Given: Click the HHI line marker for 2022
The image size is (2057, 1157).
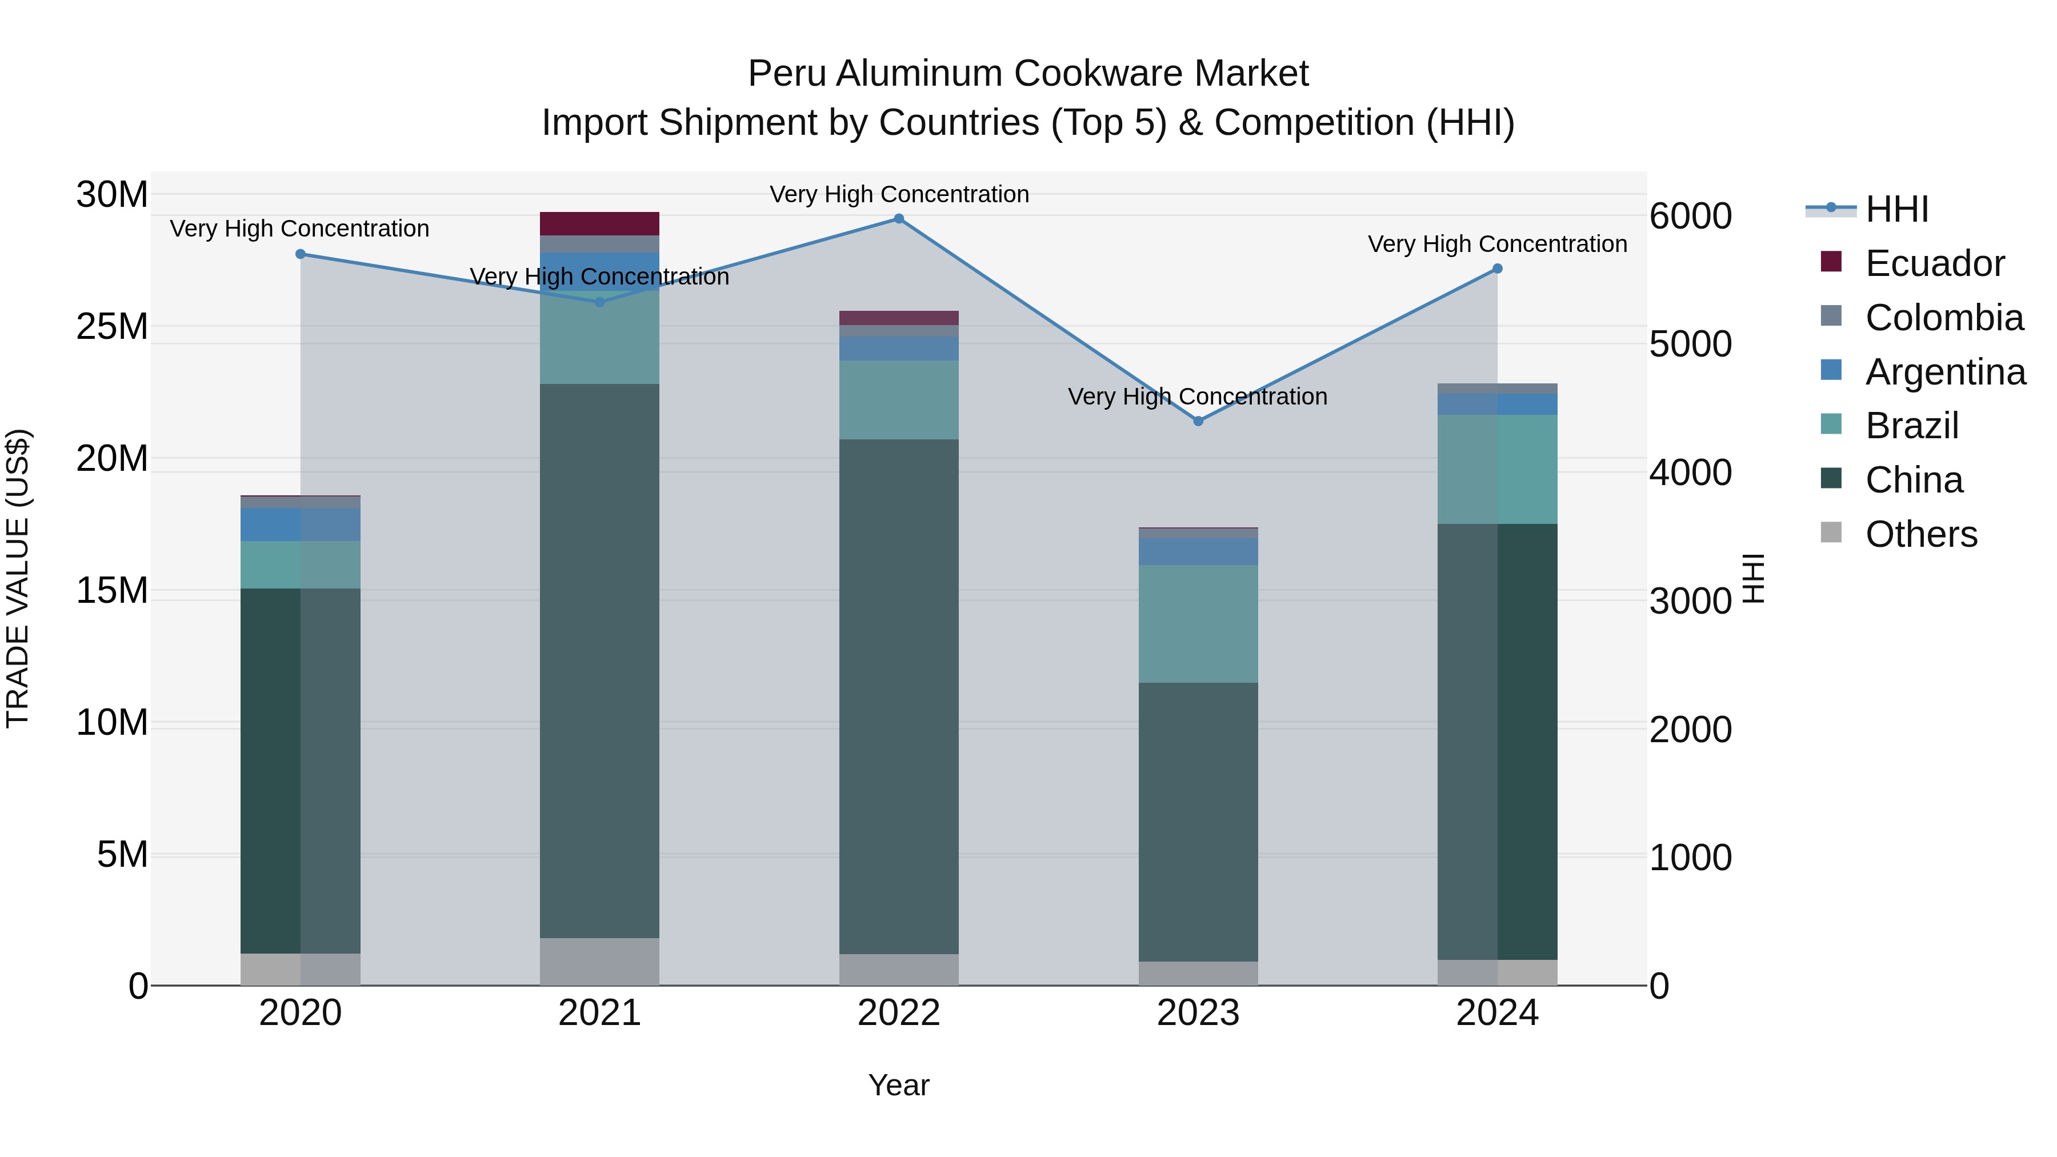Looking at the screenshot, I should (898, 219).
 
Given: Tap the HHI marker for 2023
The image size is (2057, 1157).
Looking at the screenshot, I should (1198, 421).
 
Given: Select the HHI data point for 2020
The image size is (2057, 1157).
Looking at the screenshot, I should (300, 254).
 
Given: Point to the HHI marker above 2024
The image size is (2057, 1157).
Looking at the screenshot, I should (1497, 269).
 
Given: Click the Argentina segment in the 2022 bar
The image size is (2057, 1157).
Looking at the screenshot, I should (898, 348).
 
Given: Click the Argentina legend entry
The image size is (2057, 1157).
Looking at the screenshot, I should (1944, 372).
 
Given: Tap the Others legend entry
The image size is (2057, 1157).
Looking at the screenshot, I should (1920, 534).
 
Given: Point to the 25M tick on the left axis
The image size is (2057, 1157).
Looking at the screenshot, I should (112, 327).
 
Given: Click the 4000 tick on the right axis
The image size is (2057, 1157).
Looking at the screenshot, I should (1691, 472).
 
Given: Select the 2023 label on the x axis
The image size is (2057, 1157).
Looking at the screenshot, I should (1198, 1013).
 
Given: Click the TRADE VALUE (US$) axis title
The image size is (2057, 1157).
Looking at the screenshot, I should (18, 578).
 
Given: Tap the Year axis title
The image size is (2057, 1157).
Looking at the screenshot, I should (898, 1085).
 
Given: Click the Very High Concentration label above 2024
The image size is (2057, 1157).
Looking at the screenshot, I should (1497, 245).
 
